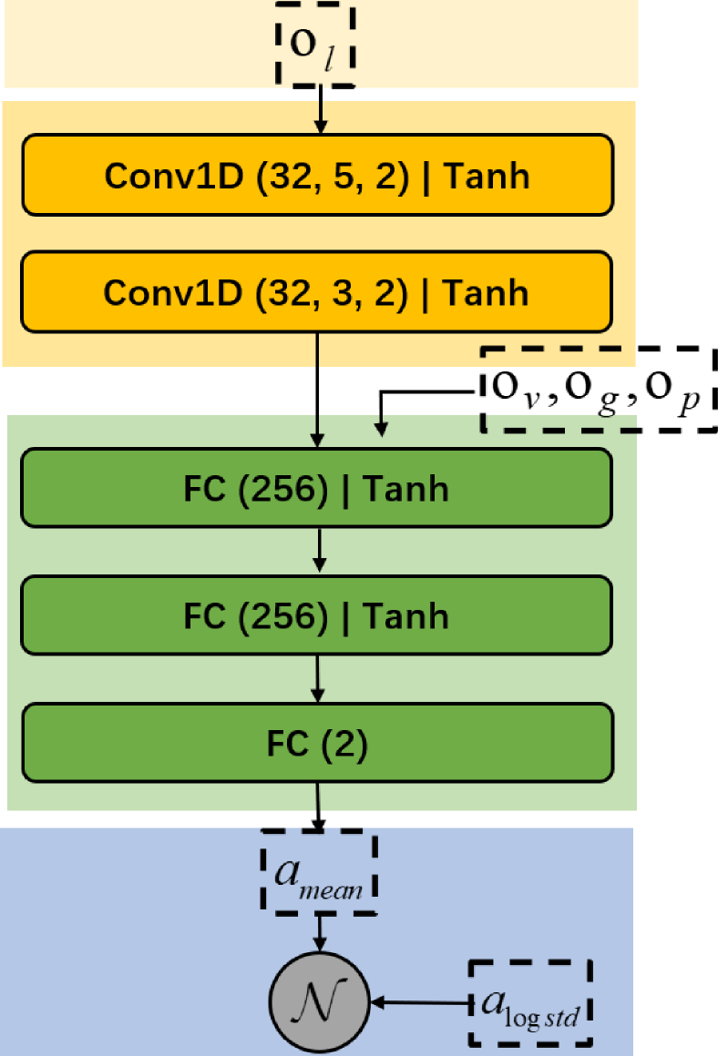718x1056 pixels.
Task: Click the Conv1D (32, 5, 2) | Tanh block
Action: (317, 175)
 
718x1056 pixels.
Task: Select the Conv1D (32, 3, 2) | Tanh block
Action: (316, 292)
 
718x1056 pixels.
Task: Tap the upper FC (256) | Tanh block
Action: (316, 488)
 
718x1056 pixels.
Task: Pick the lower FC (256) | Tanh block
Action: (316, 615)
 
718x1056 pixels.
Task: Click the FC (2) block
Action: (316, 743)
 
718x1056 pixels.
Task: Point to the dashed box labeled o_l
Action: (314, 46)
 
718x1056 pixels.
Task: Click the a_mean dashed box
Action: (319, 872)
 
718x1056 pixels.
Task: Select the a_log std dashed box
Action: (530, 1003)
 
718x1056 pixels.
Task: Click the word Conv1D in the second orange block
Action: (173, 292)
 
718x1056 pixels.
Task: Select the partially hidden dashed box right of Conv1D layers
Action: (558, 390)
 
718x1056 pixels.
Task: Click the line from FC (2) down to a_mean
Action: (318, 805)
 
